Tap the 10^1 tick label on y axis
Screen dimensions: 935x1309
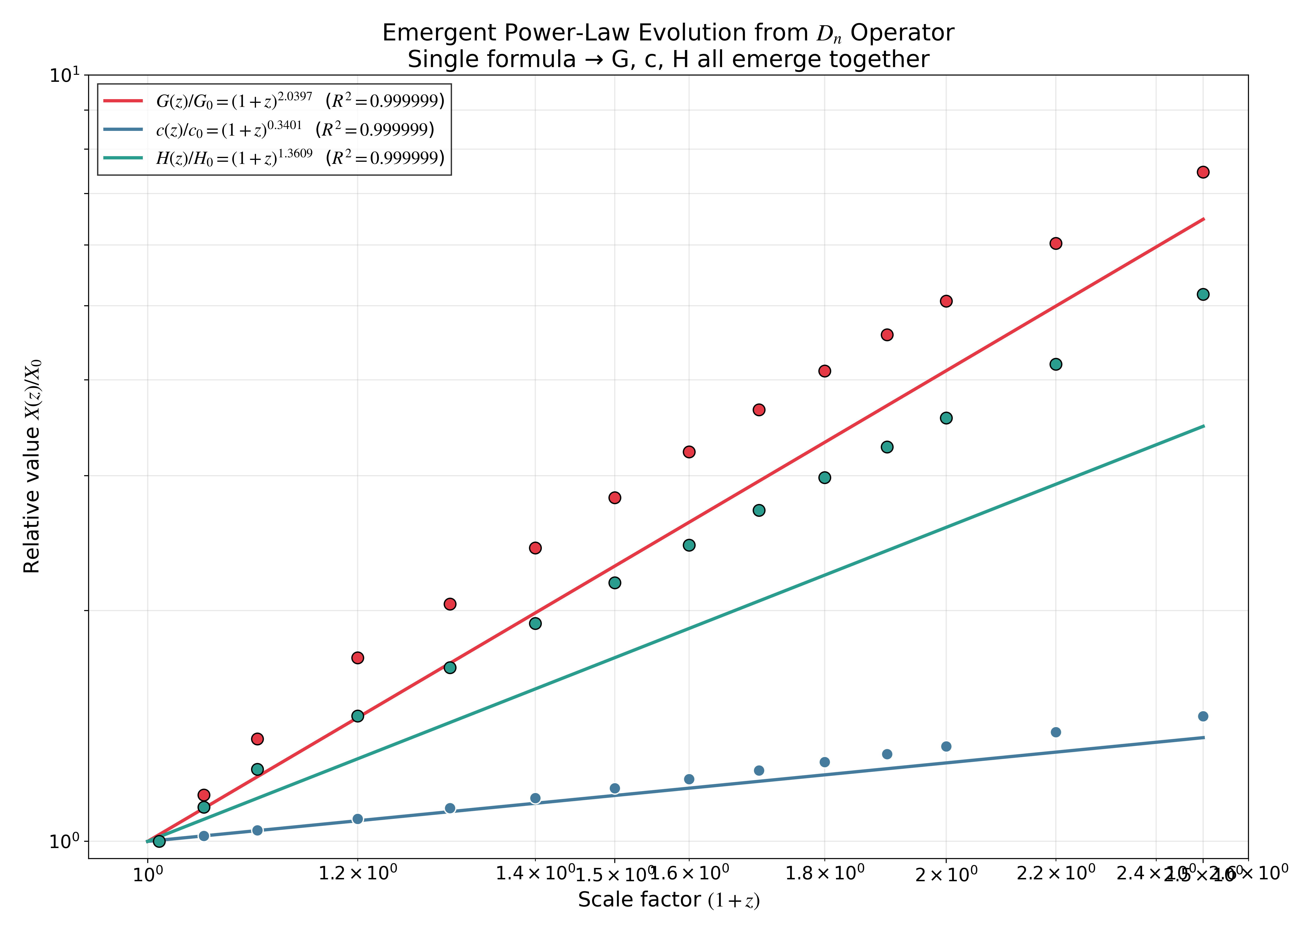click(65, 76)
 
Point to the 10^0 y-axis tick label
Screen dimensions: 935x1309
click(65, 842)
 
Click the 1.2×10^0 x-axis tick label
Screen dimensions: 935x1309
click(357, 874)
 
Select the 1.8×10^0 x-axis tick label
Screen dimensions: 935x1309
click(824, 874)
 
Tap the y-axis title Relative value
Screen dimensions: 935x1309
click(32, 466)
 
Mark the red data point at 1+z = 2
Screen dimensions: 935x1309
click(946, 301)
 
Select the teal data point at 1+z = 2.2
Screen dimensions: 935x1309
click(1056, 364)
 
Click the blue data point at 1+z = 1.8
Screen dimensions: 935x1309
click(824, 762)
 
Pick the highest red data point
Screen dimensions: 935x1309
click(1202, 172)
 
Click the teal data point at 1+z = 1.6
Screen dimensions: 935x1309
click(689, 545)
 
